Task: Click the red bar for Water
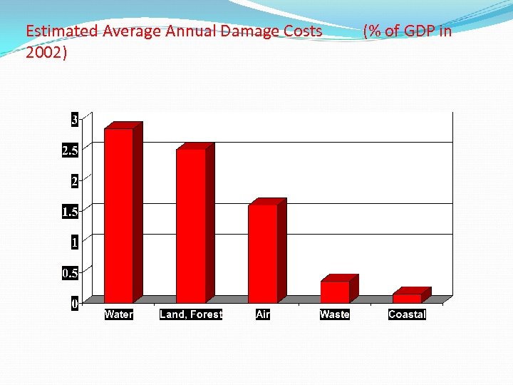click(118, 215)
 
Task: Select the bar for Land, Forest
click(190, 225)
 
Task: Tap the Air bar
click(262, 253)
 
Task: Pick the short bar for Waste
click(334, 292)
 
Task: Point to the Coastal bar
click(406, 298)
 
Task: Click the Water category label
click(118, 314)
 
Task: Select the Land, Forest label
click(191, 314)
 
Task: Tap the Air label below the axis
click(263, 314)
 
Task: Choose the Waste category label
click(335, 314)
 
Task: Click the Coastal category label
click(407, 314)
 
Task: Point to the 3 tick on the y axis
click(74, 120)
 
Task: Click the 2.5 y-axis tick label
click(70, 150)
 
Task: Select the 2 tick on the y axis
click(74, 181)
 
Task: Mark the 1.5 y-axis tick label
click(70, 212)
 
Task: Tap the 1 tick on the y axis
click(74, 242)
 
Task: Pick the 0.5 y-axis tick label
click(70, 273)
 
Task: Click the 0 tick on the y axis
click(74, 304)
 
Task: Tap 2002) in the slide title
click(46, 53)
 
